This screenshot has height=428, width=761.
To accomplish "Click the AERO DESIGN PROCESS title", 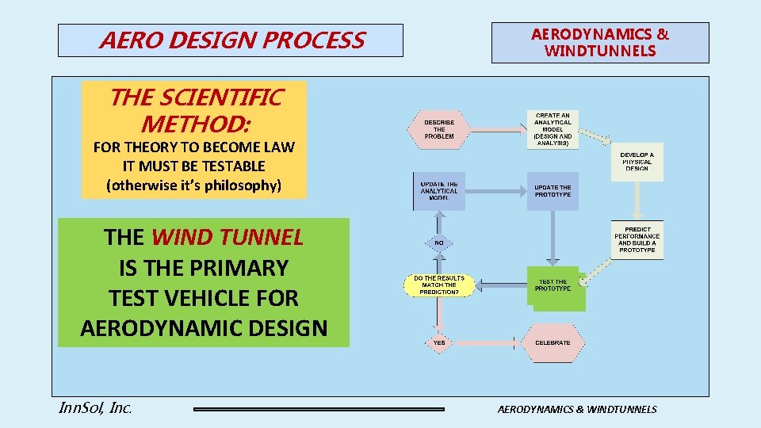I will pos(231,40).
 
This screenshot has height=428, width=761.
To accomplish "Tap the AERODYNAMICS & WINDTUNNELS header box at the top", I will pos(600,43).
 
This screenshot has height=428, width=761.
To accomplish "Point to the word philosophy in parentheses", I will pos(236,186).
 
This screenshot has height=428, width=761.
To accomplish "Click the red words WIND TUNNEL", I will pos(227,237).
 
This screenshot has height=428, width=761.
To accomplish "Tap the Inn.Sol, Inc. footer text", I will pos(95,408).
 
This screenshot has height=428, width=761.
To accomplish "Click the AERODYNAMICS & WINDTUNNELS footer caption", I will pos(576,409).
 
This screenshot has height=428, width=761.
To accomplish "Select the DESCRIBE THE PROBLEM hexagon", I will pos(439,129).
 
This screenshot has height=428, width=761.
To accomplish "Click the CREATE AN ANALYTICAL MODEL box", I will pos(553,129).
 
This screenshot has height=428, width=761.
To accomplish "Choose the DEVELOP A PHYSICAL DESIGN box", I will pos(637,162).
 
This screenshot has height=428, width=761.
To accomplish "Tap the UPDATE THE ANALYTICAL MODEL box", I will pos(438,191).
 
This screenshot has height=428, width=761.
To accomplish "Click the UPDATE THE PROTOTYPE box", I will pos(553,191).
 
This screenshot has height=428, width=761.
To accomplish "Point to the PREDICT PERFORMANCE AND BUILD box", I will pos(637,239).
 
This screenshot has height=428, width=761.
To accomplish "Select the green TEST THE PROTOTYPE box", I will pos(554,286).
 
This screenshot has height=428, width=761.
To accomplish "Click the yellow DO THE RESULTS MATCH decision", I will pos(439,285).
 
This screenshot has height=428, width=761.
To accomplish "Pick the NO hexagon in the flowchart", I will pos(438,242).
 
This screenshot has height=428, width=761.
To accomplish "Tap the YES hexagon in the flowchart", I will pos(439,342).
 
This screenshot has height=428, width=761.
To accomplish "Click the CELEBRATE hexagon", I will pos(553,342).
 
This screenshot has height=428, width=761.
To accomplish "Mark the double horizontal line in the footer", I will pos(319,409).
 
